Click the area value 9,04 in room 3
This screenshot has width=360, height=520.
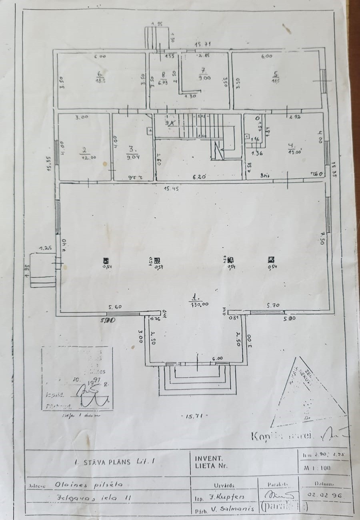pyautogui.click(x=132, y=156)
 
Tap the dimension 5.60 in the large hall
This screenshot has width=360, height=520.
pyautogui.click(x=115, y=307)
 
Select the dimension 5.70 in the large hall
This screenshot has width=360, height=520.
pyautogui.click(x=274, y=306)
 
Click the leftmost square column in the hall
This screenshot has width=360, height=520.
pyautogui.click(x=106, y=260)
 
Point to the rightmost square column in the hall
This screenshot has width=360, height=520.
pyautogui.click(x=271, y=260)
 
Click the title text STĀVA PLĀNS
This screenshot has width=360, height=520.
pyautogui.click(x=108, y=462)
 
